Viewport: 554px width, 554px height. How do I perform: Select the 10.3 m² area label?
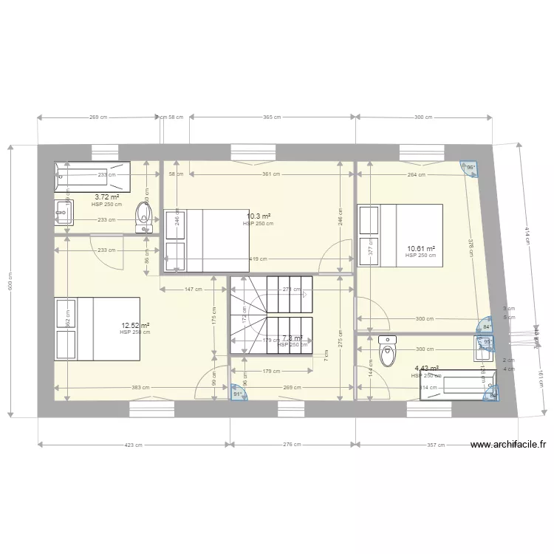(258, 216)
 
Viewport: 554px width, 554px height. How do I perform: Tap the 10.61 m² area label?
(420, 249)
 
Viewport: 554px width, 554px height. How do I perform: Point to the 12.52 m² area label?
(135, 325)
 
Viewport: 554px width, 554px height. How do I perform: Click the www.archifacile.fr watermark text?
(507, 445)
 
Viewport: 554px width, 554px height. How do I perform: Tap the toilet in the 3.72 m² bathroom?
(143, 217)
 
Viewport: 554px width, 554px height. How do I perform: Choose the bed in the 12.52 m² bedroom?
(97, 329)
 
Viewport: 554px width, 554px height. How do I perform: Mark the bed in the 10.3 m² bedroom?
(205, 240)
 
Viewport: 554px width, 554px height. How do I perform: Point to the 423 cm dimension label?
(133, 445)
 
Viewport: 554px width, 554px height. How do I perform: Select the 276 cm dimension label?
(292, 445)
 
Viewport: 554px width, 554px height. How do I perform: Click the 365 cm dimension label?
(272, 117)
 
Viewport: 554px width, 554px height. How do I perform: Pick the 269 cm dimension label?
(98, 117)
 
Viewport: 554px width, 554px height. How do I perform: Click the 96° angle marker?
(469, 168)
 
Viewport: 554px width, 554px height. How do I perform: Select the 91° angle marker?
(236, 394)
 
